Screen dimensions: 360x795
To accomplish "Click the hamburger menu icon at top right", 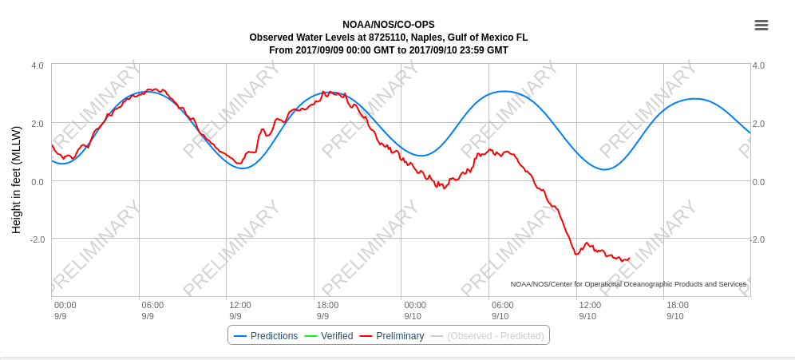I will (x=761, y=26).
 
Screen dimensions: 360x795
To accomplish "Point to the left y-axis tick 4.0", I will (x=38, y=65).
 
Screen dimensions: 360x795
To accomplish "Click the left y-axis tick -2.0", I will (x=37, y=239).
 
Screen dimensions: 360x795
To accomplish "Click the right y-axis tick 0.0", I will (x=758, y=182).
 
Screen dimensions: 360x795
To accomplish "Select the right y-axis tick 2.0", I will (x=758, y=124).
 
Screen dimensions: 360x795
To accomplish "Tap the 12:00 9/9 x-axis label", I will (x=240, y=311).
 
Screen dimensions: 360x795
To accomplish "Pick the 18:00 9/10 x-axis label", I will (x=678, y=311).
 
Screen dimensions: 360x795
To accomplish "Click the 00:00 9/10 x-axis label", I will (x=415, y=311).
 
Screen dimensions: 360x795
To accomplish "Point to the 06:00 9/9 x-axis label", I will (x=152, y=311).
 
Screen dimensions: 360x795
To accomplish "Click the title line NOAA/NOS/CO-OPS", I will (x=389, y=25).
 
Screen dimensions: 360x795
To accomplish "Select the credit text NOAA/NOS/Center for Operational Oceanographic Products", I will (x=628, y=284).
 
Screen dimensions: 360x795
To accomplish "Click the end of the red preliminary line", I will (x=630, y=259).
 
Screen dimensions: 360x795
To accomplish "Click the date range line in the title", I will (x=389, y=50).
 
